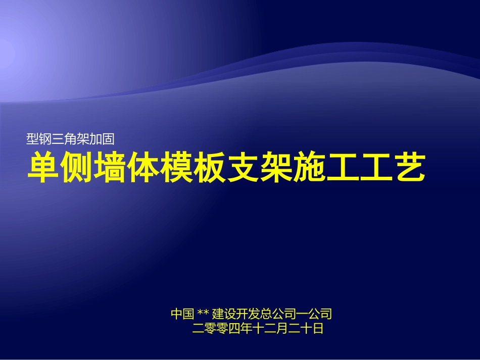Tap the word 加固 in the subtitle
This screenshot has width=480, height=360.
(x=108, y=136)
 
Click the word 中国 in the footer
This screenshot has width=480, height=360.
(x=182, y=314)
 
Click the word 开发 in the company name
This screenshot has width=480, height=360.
(x=249, y=314)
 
